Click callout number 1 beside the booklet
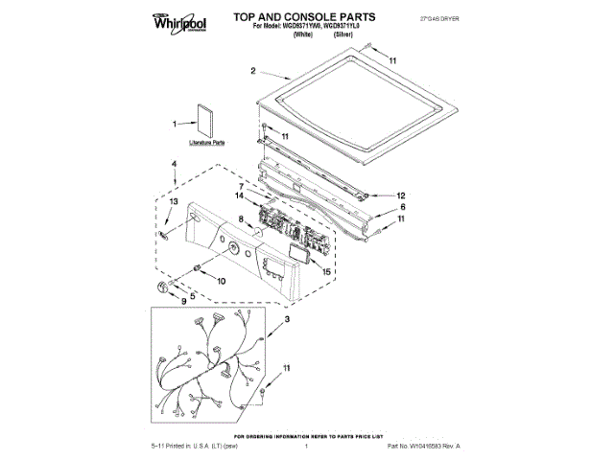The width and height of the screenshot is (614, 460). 176,125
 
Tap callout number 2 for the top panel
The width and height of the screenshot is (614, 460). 252,71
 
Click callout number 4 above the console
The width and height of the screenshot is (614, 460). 174,165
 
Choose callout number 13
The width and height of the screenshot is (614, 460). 175,203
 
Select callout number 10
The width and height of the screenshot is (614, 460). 221,282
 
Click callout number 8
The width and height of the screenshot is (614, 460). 241,220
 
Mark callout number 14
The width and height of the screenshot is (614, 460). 241,197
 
